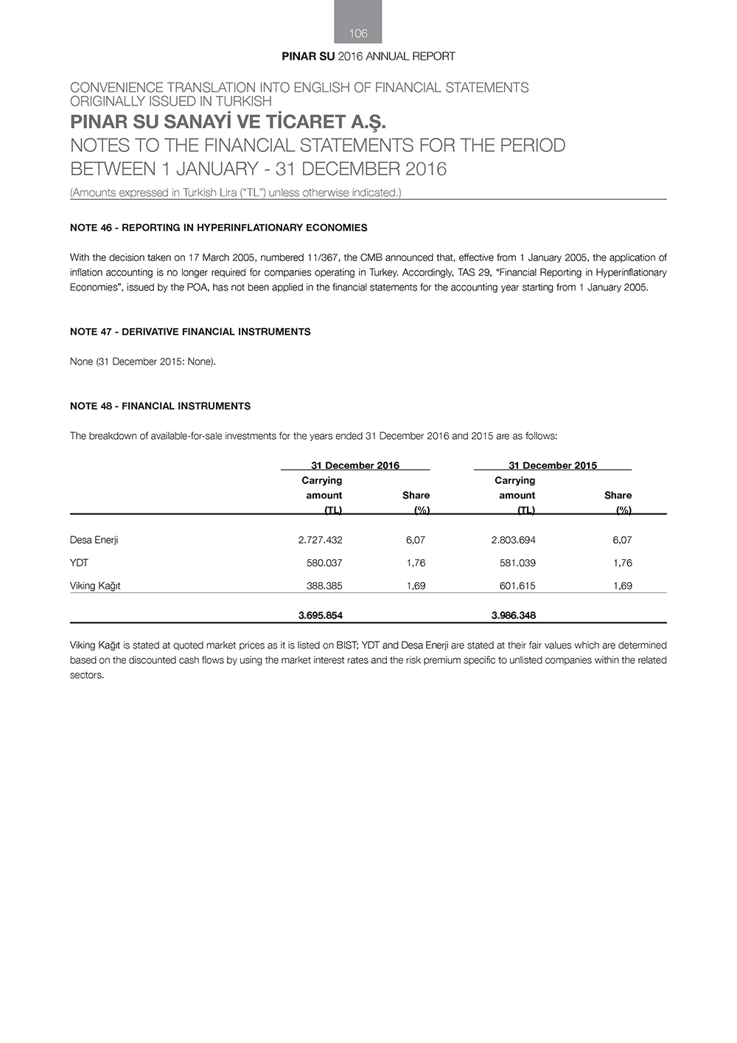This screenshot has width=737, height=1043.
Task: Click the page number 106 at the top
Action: coord(358,33)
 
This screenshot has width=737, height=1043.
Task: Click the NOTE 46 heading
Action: coord(218,228)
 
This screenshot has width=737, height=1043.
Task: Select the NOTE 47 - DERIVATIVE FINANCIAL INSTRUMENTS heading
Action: coord(190,332)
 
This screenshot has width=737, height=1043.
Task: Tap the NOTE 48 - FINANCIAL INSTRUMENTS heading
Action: coord(160,406)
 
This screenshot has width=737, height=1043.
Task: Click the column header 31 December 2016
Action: coord(355,465)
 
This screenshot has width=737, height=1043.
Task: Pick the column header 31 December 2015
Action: coord(553,465)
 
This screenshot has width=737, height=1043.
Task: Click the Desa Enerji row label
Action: coord(94,540)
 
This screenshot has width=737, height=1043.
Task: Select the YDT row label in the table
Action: coord(79,563)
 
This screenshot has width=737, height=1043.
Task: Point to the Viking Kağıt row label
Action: coord(95,586)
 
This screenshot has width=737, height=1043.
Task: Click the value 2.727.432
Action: coord(320,540)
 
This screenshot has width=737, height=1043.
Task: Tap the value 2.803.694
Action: coord(513,540)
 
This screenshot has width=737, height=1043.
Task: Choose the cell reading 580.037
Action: coord(324,563)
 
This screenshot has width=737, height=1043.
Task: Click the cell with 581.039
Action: coord(517,563)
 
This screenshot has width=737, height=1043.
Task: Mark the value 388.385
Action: coord(324,586)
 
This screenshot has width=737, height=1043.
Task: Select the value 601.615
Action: coord(517,586)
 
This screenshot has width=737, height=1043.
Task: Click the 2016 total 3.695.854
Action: coord(320,615)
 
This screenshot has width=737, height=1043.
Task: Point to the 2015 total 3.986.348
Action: coord(513,615)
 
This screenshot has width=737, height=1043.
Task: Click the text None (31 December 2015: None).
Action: coord(142,361)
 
